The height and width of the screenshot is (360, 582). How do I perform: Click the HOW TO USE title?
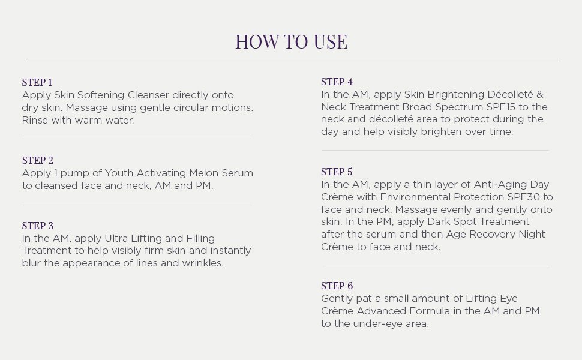(x=291, y=41)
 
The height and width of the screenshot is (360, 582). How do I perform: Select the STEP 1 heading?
(x=37, y=82)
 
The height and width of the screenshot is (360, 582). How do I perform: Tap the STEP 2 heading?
(x=38, y=160)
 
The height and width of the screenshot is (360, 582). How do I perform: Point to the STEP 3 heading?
(x=38, y=226)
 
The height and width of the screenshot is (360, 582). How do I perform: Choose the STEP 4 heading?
(x=337, y=82)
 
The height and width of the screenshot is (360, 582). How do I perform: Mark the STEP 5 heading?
(x=337, y=172)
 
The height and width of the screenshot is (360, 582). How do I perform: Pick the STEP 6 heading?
(x=337, y=286)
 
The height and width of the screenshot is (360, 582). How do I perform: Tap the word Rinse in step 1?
(x=34, y=120)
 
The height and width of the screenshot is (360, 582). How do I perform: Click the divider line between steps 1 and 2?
(x=137, y=139)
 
